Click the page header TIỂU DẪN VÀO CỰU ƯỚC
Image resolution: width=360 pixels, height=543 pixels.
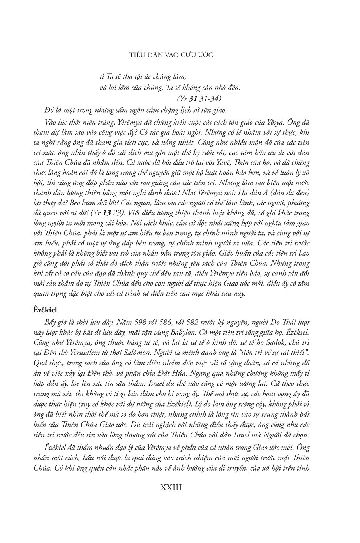171,55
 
